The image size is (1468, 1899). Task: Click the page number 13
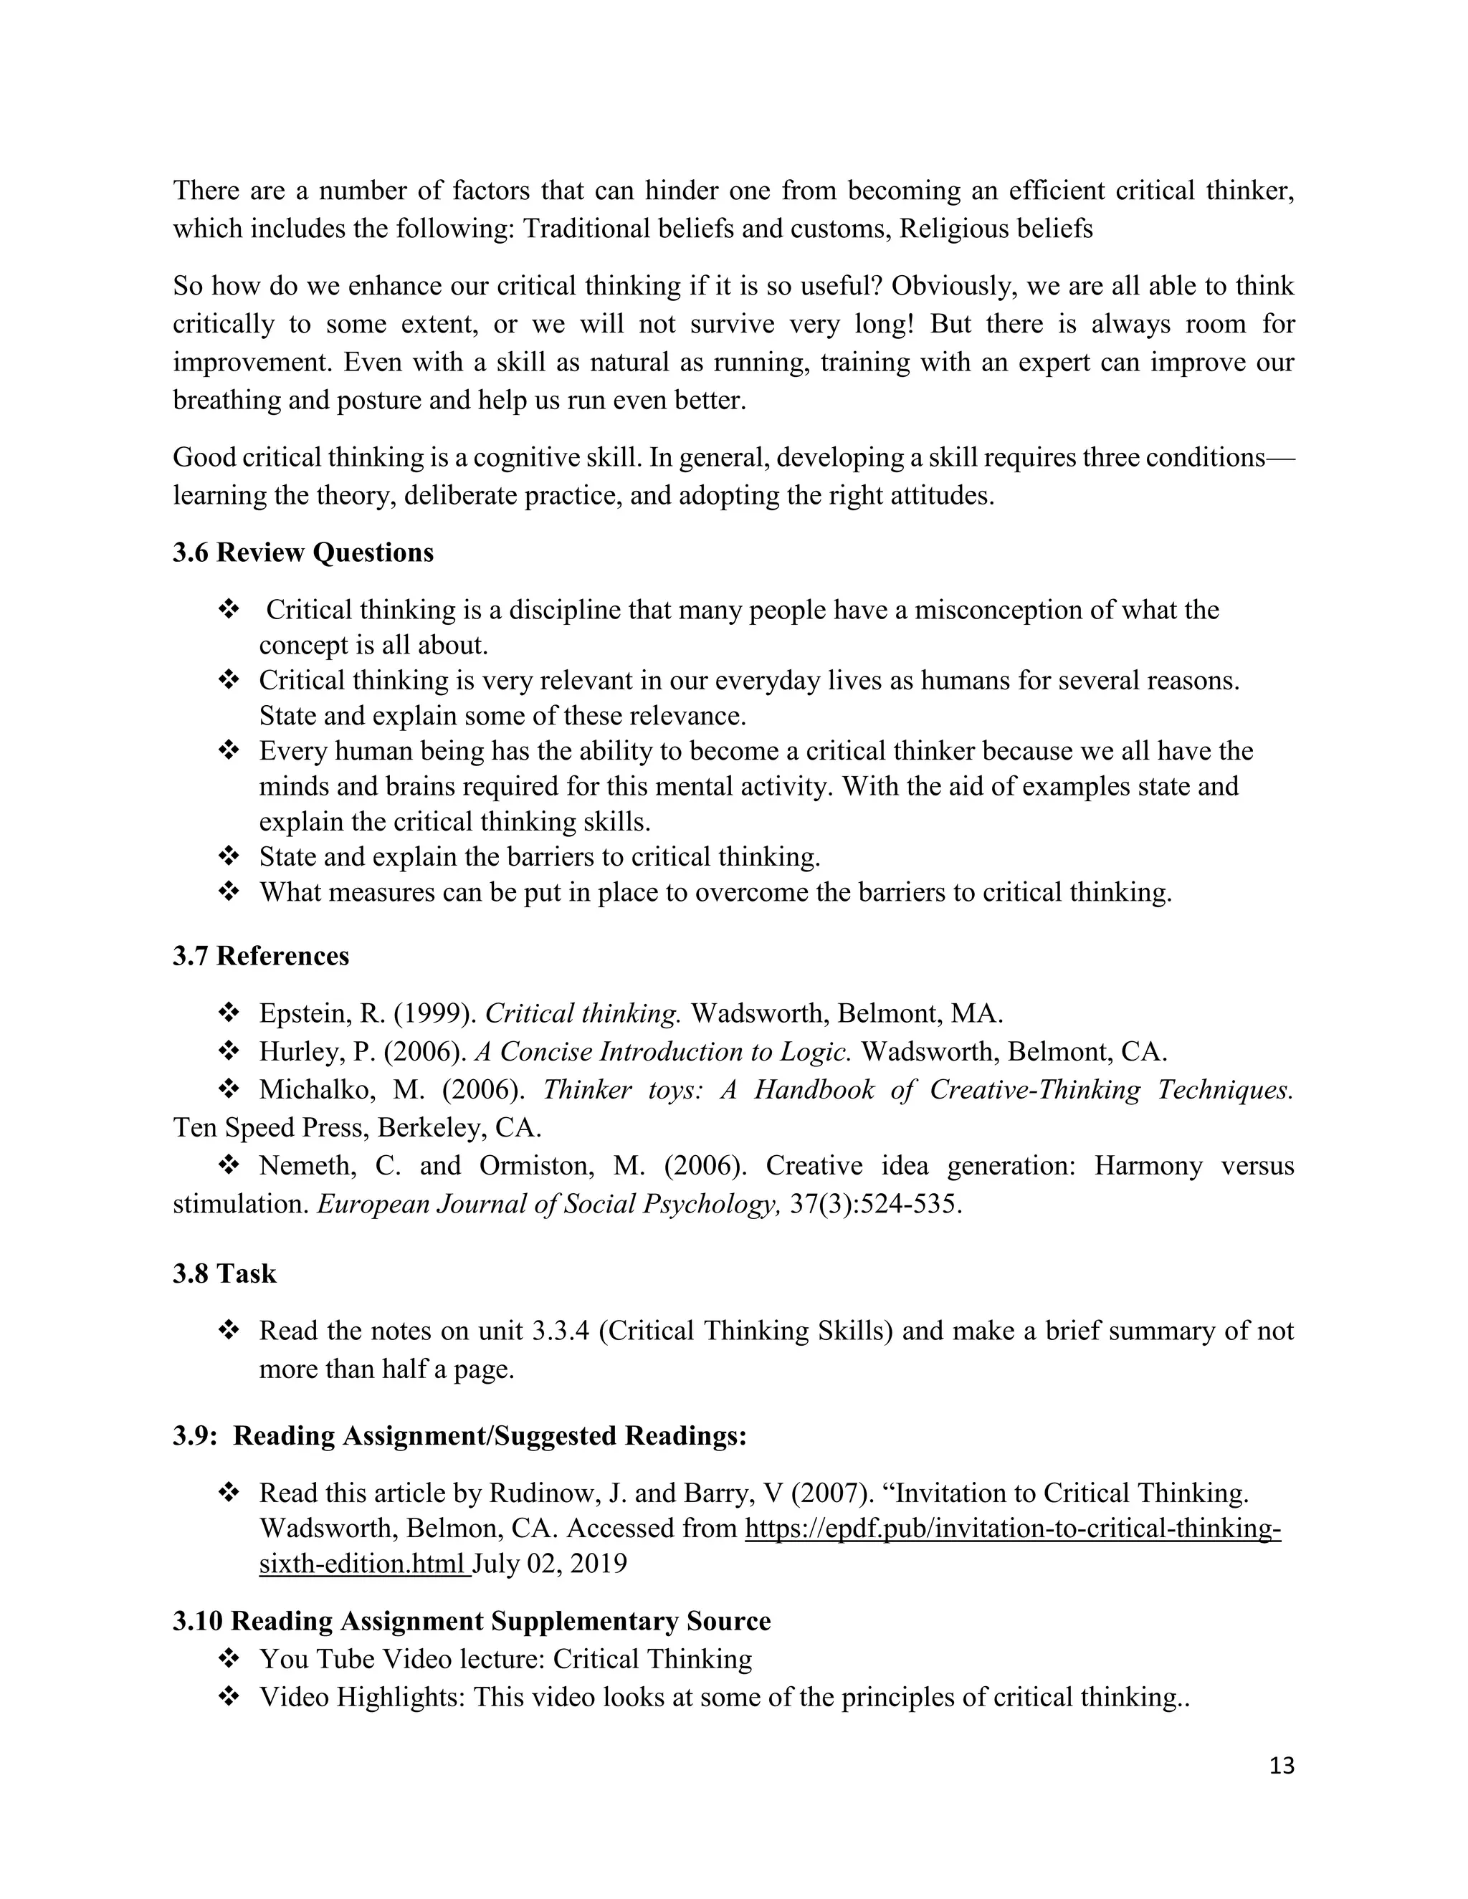(1281, 1766)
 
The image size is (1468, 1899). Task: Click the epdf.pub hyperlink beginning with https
(1012, 1528)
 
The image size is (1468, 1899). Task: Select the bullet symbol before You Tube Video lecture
(229, 1659)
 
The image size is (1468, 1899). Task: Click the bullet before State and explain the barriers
(229, 856)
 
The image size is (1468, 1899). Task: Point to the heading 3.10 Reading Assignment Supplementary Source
(472, 1621)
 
